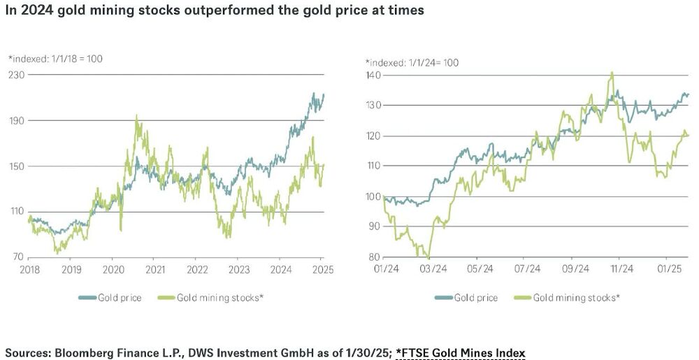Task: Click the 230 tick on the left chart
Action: click(x=16, y=74)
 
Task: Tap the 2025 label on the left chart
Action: click(x=322, y=270)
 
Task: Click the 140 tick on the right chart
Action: click(x=373, y=74)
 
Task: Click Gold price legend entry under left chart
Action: click(x=120, y=298)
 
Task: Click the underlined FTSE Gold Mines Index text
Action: click(x=461, y=352)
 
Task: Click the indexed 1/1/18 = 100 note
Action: click(x=55, y=59)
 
